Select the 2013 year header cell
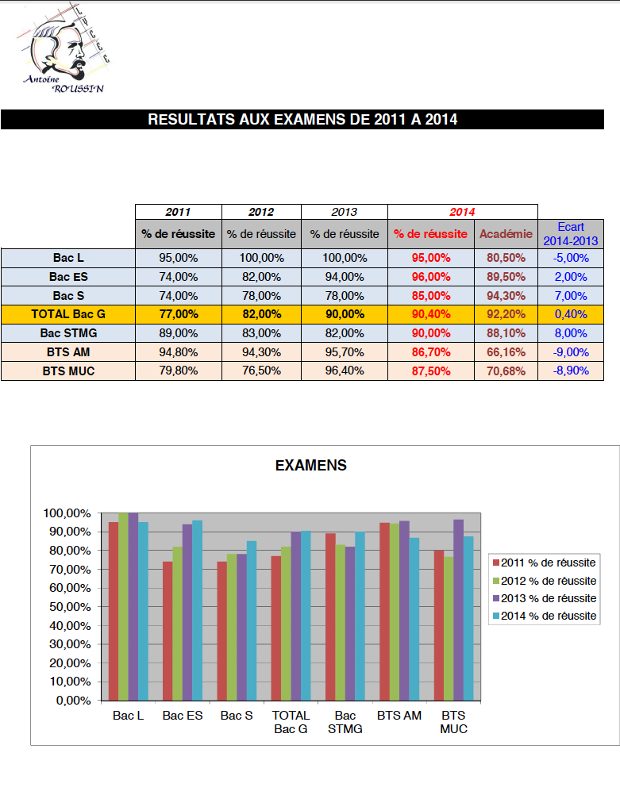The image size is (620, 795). click(x=344, y=212)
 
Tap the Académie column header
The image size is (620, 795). click(x=506, y=234)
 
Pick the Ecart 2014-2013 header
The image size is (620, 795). click(x=570, y=233)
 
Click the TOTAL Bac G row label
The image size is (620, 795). click(x=67, y=314)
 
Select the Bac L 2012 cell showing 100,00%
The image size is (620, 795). click(x=261, y=258)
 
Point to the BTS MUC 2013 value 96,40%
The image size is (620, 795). click(x=344, y=371)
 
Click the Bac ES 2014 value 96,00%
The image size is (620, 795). click(x=430, y=277)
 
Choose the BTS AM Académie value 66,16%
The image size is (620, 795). click(x=506, y=351)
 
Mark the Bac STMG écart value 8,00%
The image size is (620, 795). click(x=570, y=333)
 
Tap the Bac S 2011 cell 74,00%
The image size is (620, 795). click(x=178, y=295)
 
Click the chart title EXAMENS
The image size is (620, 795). click(x=310, y=466)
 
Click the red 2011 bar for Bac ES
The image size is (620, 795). click(x=168, y=631)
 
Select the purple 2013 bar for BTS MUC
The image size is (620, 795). click(x=458, y=609)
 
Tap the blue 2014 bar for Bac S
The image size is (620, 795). click(x=251, y=620)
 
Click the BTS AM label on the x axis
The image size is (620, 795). click(x=399, y=715)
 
